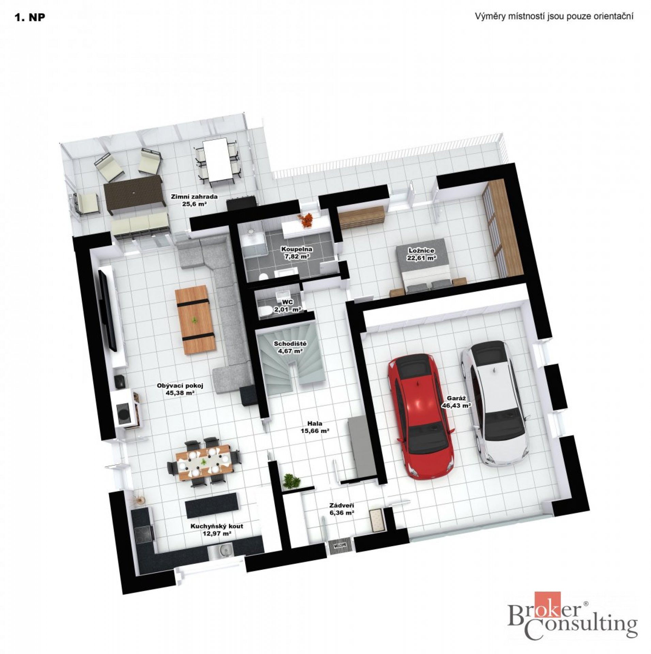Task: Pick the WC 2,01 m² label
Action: (x=288, y=306)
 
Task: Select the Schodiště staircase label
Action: (x=290, y=344)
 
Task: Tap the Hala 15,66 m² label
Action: (x=314, y=427)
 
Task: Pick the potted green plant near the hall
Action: (x=291, y=481)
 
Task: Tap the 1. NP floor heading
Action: (x=30, y=18)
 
